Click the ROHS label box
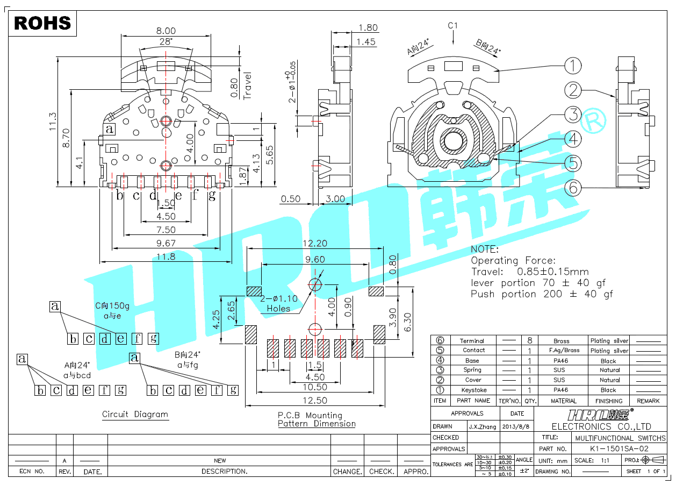42,23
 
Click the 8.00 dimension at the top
166,31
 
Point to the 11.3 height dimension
53,122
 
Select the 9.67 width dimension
166,244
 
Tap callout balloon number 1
573,66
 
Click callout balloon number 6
573,188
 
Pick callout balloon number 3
573,115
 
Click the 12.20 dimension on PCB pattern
314,243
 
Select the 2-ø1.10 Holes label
278,304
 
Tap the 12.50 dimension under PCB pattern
314,400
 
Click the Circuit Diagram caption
135,415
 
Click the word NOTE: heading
485,249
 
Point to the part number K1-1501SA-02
619,448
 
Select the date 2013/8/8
517,426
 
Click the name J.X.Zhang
483,426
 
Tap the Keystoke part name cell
473,390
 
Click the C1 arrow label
452,25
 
